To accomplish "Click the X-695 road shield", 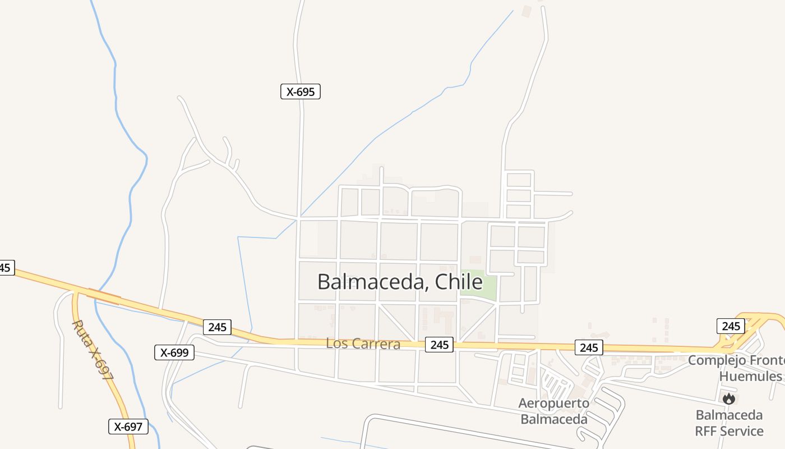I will pos(300,91).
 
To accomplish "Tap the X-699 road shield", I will pos(174,352).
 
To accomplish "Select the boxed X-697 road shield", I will pos(128,427).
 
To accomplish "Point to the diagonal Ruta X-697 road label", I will pos(93,351).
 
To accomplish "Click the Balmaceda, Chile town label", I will pos(399,281).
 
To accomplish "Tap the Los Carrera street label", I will pos(363,343).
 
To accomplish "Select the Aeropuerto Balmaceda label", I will pos(553,411).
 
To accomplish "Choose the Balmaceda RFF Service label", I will pos(729,423).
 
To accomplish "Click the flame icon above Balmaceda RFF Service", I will pos(729,399).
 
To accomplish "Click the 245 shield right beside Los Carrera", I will pos(439,345).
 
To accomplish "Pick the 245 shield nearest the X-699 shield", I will pos(217,327).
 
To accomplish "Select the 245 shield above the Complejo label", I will pos(731,326).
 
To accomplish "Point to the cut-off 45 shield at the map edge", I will pos(6,268).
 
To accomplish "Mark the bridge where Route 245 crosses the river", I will pos(104,296).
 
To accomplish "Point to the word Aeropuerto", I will pos(553,403).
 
